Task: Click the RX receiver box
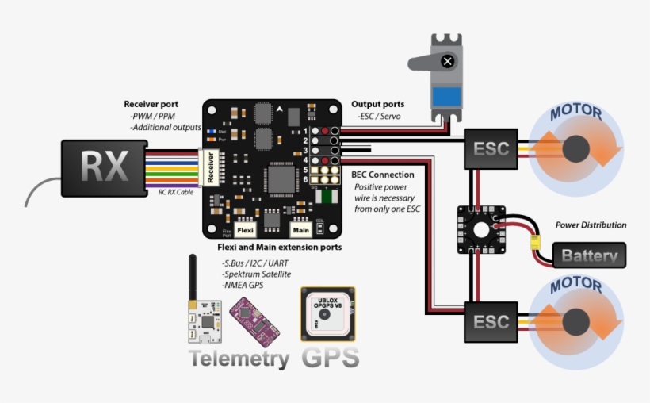(103, 167)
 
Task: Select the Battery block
(589, 255)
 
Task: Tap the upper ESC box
(491, 149)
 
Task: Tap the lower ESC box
(491, 322)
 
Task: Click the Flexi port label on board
(246, 230)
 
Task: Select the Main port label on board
(300, 230)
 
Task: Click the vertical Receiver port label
(211, 167)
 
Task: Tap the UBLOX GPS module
(327, 313)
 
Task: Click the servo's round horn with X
(448, 61)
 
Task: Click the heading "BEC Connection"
(382, 175)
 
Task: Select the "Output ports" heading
(377, 104)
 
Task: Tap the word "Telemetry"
(239, 359)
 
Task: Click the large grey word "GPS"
(330, 357)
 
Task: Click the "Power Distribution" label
(591, 225)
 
